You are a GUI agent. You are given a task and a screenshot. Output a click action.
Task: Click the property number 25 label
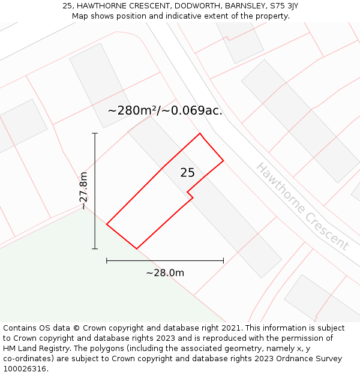click(187, 173)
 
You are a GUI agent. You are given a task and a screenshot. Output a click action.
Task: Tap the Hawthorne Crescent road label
click(302, 206)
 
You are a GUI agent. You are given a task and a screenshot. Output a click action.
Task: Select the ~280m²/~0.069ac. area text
click(165, 110)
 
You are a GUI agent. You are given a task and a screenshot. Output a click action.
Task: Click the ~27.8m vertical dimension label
click(83, 191)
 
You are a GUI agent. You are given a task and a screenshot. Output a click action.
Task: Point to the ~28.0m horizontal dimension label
click(165, 273)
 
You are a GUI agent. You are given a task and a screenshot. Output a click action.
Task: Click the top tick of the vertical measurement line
click(95, 133)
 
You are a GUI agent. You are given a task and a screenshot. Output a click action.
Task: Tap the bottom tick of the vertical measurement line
click(95, 248)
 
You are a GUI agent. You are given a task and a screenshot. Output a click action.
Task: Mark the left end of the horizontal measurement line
click(107, 260)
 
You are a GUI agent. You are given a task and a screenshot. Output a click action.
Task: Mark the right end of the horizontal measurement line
click(223, 260)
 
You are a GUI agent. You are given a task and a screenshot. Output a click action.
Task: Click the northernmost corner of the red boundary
click(200, 133)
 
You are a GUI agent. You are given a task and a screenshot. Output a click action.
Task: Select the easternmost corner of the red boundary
click(223, 160)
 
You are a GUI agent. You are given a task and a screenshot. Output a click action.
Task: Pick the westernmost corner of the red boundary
click(107, 224)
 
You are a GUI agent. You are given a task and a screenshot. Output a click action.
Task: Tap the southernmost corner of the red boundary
click(137, 248)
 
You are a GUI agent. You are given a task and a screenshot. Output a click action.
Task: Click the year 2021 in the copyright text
click(230, 328)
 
